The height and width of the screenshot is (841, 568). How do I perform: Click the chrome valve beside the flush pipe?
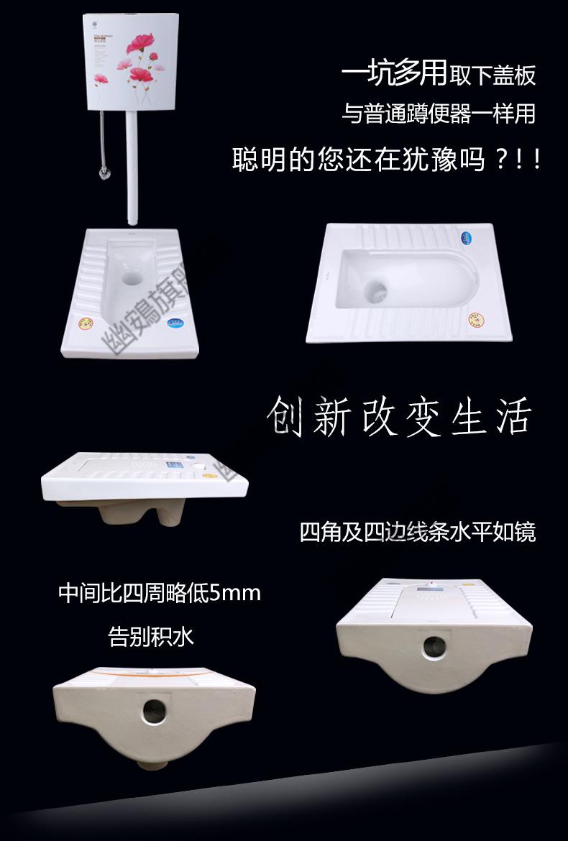click(105, 173)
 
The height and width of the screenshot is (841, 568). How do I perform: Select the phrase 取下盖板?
click(493, 75)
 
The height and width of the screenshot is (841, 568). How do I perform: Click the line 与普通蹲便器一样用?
click(439, 114)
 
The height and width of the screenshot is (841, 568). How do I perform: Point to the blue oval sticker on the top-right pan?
click(464, 235)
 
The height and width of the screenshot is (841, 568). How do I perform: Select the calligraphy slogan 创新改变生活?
click(398, 416)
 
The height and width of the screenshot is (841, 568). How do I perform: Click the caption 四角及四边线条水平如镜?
click(418, 533)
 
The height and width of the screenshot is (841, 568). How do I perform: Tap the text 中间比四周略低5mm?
click(160, 594)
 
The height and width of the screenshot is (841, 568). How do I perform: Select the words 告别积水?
click(151, 636)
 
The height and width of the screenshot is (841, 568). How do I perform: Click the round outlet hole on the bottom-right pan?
click(434, 646)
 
